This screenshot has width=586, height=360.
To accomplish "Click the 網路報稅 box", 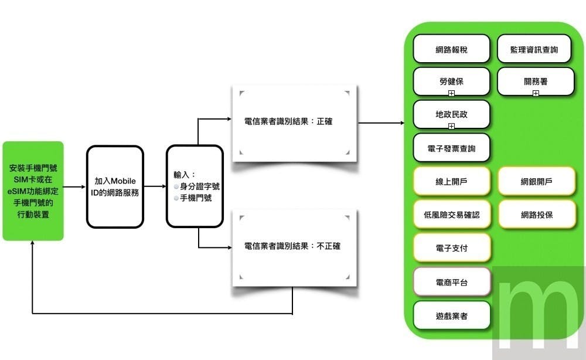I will pyautogui.click(x=451, y=49).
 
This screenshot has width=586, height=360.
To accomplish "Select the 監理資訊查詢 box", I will pyautogui.click(x=535, y=49).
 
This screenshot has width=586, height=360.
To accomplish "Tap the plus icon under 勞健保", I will pyautogui.click(x=451, y=93).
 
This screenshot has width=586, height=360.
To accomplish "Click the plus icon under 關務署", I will pyautogui.click(x=536, y=93).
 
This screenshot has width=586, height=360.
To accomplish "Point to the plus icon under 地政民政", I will pyautogui.click(x=451, y=126).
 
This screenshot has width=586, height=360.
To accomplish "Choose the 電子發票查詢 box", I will pyautogui.click(x=451, y=148).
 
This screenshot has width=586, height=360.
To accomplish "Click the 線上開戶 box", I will pyautogui.click(x=451, y=181).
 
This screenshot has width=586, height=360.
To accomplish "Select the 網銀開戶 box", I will pyautogui.click(x=536, y=181).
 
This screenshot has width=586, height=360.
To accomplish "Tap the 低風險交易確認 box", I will pyautogui.click(x=451, y=215).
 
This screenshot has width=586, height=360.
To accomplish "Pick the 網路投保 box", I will pyautogui.click(x=536, y=215).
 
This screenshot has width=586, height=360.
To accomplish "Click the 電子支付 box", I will pyautogui.click(x=451, y=247).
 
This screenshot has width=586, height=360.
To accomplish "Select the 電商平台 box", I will pyautogui.click(x=451, y=282).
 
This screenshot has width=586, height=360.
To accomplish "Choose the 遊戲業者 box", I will pyautogui.click(x=451, y=315).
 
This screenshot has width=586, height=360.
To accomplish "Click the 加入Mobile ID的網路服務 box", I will pyautogui.click(x=115, y=186).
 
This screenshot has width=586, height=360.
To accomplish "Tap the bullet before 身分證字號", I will pyautogui.click(x=176, y=186).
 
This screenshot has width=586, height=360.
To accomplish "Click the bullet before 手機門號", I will pyautogui.click(x=176, y=198).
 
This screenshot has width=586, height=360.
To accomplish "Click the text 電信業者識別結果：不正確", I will pyautogui.click(x=292, y=246).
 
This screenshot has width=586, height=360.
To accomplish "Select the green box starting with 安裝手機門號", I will pyautogui.click(x=33, y=191).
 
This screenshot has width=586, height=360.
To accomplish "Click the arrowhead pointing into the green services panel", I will pyautogui.click(x=402, y=123).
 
